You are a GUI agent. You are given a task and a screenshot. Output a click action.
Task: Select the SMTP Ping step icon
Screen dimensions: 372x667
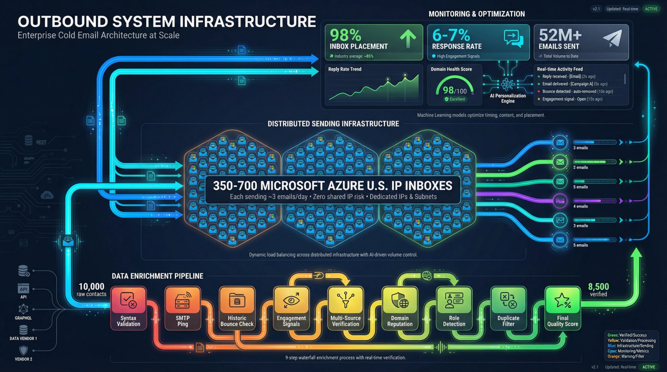182,300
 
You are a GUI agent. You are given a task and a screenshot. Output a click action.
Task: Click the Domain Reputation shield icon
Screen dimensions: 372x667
400,300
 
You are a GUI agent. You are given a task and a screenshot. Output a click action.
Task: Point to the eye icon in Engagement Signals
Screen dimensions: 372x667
291,300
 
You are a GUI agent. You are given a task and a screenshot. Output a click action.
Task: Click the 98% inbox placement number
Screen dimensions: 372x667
346,35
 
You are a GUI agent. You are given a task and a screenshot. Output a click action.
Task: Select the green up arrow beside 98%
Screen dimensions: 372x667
408,39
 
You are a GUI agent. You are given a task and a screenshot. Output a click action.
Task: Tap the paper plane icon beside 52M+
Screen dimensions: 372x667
613,38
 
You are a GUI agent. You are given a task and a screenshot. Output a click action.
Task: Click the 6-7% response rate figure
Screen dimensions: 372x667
451,35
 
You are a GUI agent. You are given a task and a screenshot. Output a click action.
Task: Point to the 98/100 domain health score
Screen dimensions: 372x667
454,90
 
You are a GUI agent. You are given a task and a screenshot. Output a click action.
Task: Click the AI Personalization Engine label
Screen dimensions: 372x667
508,98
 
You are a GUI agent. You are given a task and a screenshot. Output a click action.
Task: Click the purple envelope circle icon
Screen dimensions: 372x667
560,201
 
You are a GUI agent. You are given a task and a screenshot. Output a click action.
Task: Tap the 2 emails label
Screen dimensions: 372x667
580,167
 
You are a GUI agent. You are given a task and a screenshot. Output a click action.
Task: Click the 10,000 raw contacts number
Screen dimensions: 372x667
91,286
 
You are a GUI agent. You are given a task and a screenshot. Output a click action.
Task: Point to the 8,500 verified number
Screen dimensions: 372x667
598,286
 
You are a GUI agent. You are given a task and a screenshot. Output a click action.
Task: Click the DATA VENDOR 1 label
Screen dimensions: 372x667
23,338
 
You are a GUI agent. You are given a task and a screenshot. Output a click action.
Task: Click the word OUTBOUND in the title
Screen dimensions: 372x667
63,22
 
